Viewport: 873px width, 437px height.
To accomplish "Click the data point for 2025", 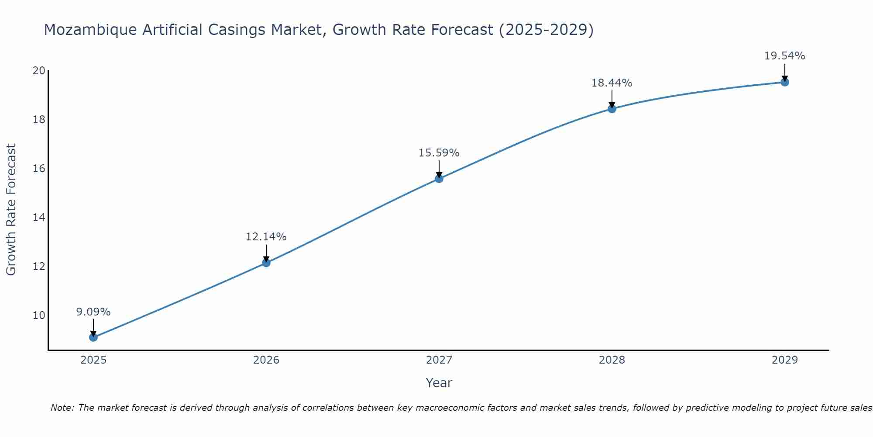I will coord(93,337).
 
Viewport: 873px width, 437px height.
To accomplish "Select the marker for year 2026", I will coord(266,263).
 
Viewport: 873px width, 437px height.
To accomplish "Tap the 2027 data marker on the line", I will coord(439,178).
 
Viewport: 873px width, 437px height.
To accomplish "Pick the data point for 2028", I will coord(612,109).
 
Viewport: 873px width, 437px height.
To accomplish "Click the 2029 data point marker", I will coord(784,82).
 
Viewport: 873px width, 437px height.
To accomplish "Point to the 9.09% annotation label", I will coord(93,312).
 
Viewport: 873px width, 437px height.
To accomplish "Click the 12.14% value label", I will coord(266,237).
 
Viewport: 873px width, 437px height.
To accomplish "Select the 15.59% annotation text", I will coord(439,153).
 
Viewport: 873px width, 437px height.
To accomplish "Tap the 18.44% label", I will coord(612,83).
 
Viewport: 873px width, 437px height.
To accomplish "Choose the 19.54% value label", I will coord(784,56).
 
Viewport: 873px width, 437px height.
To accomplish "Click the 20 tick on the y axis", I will coord(39,71).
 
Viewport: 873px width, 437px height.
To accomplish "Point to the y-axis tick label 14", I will coord(39,218).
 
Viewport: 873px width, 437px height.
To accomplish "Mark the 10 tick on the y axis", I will coord(39,316).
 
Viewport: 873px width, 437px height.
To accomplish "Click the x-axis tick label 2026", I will coord(266,360).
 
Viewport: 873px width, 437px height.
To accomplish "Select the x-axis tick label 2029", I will coord(784,360).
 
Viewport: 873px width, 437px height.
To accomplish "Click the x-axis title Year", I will coord(439,383).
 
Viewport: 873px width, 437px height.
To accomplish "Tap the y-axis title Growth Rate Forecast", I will coord(11,210).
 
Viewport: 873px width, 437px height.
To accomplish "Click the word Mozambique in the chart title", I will coord(81,30).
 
